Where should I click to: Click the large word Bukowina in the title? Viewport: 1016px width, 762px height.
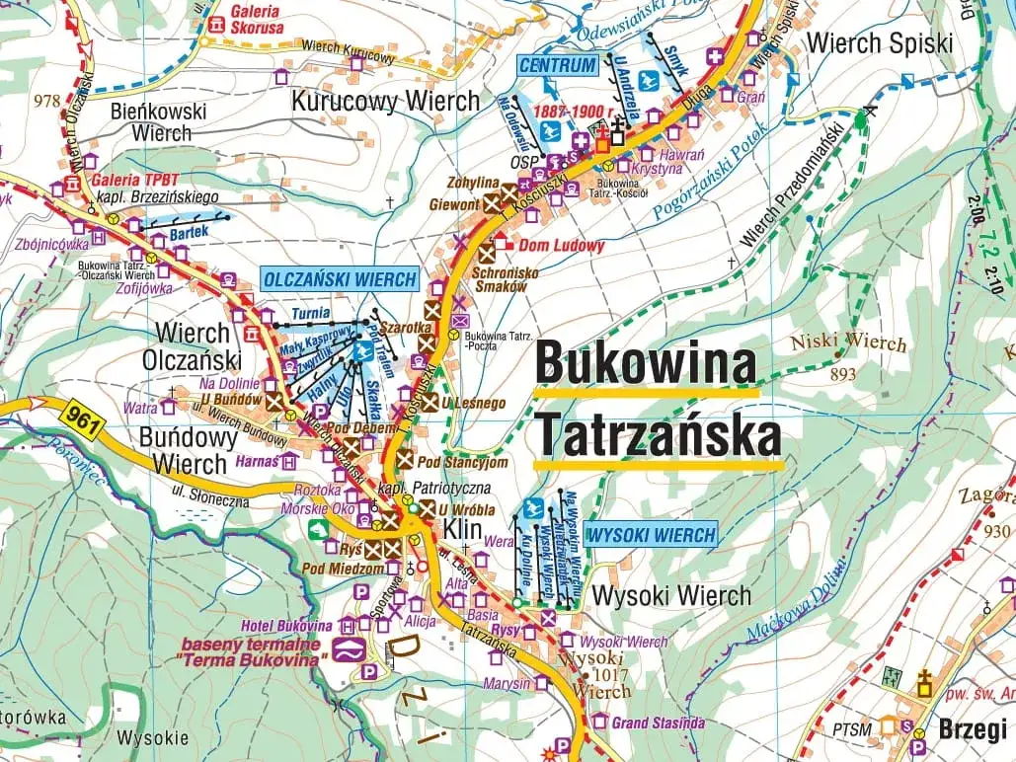coord(646,363)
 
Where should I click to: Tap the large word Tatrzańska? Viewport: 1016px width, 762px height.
coord(658,435)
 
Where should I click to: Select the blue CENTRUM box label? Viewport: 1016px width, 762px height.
coord(558,66)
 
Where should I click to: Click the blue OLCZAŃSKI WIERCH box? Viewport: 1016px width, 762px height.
coord(340,279)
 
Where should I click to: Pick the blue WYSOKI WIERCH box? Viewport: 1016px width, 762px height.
coord(651,536)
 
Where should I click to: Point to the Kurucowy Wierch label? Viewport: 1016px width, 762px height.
coord(385,101)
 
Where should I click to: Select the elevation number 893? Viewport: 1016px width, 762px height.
coord(843,374)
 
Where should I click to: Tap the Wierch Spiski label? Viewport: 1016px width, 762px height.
coord(880,43)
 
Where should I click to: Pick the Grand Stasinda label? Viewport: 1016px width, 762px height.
coord(658,723)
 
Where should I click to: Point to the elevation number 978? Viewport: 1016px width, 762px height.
coord(46,100)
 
